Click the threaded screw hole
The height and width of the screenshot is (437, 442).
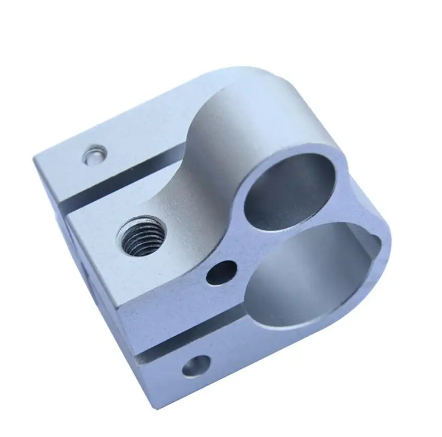(x=139, y=237)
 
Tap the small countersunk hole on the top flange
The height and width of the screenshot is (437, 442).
(x=95, y=155)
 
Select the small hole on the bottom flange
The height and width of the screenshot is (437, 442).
(x=196, y=367)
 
